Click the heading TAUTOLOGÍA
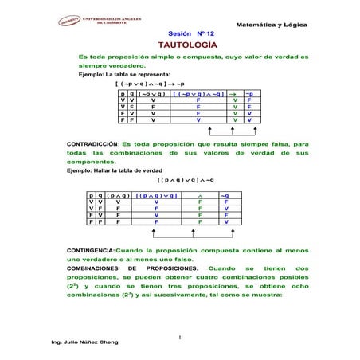tap(180, 46)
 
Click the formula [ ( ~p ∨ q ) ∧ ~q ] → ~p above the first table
tap(151, 83)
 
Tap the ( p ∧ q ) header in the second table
tap(118, 194)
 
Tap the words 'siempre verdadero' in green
tap(109, 66)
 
